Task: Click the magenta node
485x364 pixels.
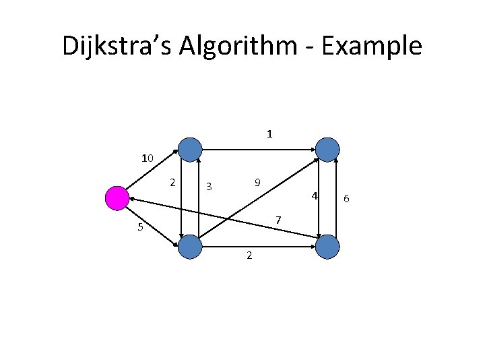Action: [x=117, y=198]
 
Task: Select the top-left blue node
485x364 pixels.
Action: [x=191, y=149]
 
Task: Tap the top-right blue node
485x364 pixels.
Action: [x=327, y=149]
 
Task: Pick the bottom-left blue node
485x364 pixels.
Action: [x=190, y=247]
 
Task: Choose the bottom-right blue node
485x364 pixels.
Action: [x=327, y=247]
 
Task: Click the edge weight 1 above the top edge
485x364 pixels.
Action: [x=269, y=134]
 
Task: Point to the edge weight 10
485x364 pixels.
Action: [x=148, y=159]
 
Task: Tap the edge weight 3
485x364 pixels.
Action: [x=209, y=186]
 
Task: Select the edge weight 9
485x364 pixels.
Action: [x=258, y=183]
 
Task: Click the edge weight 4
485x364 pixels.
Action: [x=313, y=196]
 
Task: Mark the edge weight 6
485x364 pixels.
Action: [x=346, y=198]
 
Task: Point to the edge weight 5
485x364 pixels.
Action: [x=140, y=227]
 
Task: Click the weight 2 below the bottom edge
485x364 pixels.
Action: [x=249, y=255]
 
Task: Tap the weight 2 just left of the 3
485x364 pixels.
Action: [x=173, y=182]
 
